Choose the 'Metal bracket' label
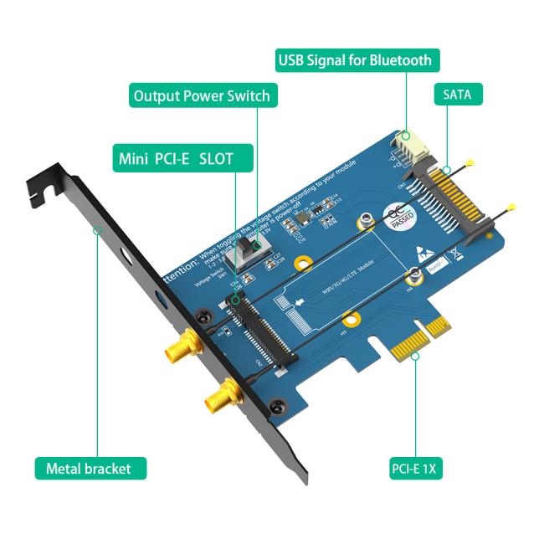(x=90, y=468)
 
